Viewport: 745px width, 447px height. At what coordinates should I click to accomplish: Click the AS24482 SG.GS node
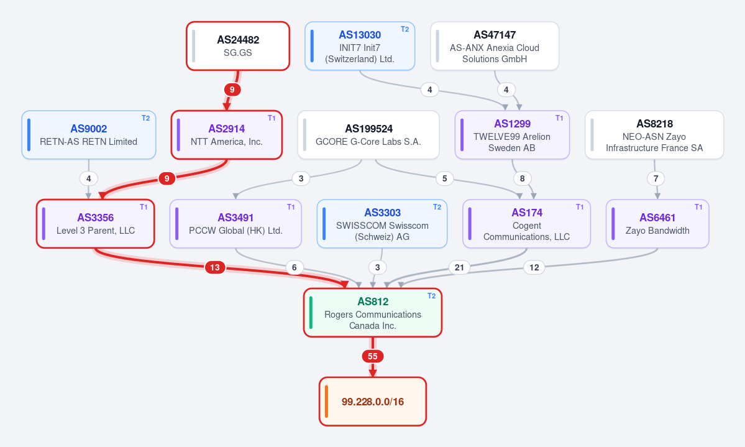click(x=238, y=46)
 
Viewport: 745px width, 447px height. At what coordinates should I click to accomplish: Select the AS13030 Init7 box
click(x=360, y=46)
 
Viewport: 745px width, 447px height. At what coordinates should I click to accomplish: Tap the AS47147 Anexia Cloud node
click(x=495, y=46)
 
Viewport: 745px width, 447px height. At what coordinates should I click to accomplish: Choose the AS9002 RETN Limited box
click(x=89, y=135)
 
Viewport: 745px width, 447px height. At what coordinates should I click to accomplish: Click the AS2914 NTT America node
click(x=227, y=135)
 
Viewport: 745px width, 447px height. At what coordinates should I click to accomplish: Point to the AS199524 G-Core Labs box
click(x=368, y=135)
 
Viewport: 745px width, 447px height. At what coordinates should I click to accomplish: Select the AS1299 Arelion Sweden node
click(x=512, y=135)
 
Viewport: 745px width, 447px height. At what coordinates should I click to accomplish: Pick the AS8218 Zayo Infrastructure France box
click(x=654, y=135)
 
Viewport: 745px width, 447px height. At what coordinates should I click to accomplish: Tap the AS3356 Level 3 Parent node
click(x=96, y=224)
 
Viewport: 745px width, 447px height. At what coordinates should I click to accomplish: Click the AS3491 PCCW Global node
click(x=235, y=224)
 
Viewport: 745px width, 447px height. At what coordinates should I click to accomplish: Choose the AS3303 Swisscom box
click(x=382, y=224)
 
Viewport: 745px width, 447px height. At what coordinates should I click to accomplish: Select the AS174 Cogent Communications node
click(x=526, y=224)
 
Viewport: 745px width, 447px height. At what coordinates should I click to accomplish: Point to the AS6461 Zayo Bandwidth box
click(x=657, y=224)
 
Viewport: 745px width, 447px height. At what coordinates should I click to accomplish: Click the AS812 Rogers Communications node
click(x=373, y=313)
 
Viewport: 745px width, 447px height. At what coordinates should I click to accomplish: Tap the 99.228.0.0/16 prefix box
click(x=373, y=402)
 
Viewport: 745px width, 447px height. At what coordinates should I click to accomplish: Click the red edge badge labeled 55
click(x=373, y=356)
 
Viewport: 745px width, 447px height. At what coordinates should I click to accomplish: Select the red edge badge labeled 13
click(x=215, y=267)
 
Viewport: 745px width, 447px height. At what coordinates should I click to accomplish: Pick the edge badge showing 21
click(x=459, y=267)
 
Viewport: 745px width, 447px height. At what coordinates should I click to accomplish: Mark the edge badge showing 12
click(x=534, y=267)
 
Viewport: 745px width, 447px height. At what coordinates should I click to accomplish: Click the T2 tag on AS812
click(x=431, y=296)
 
